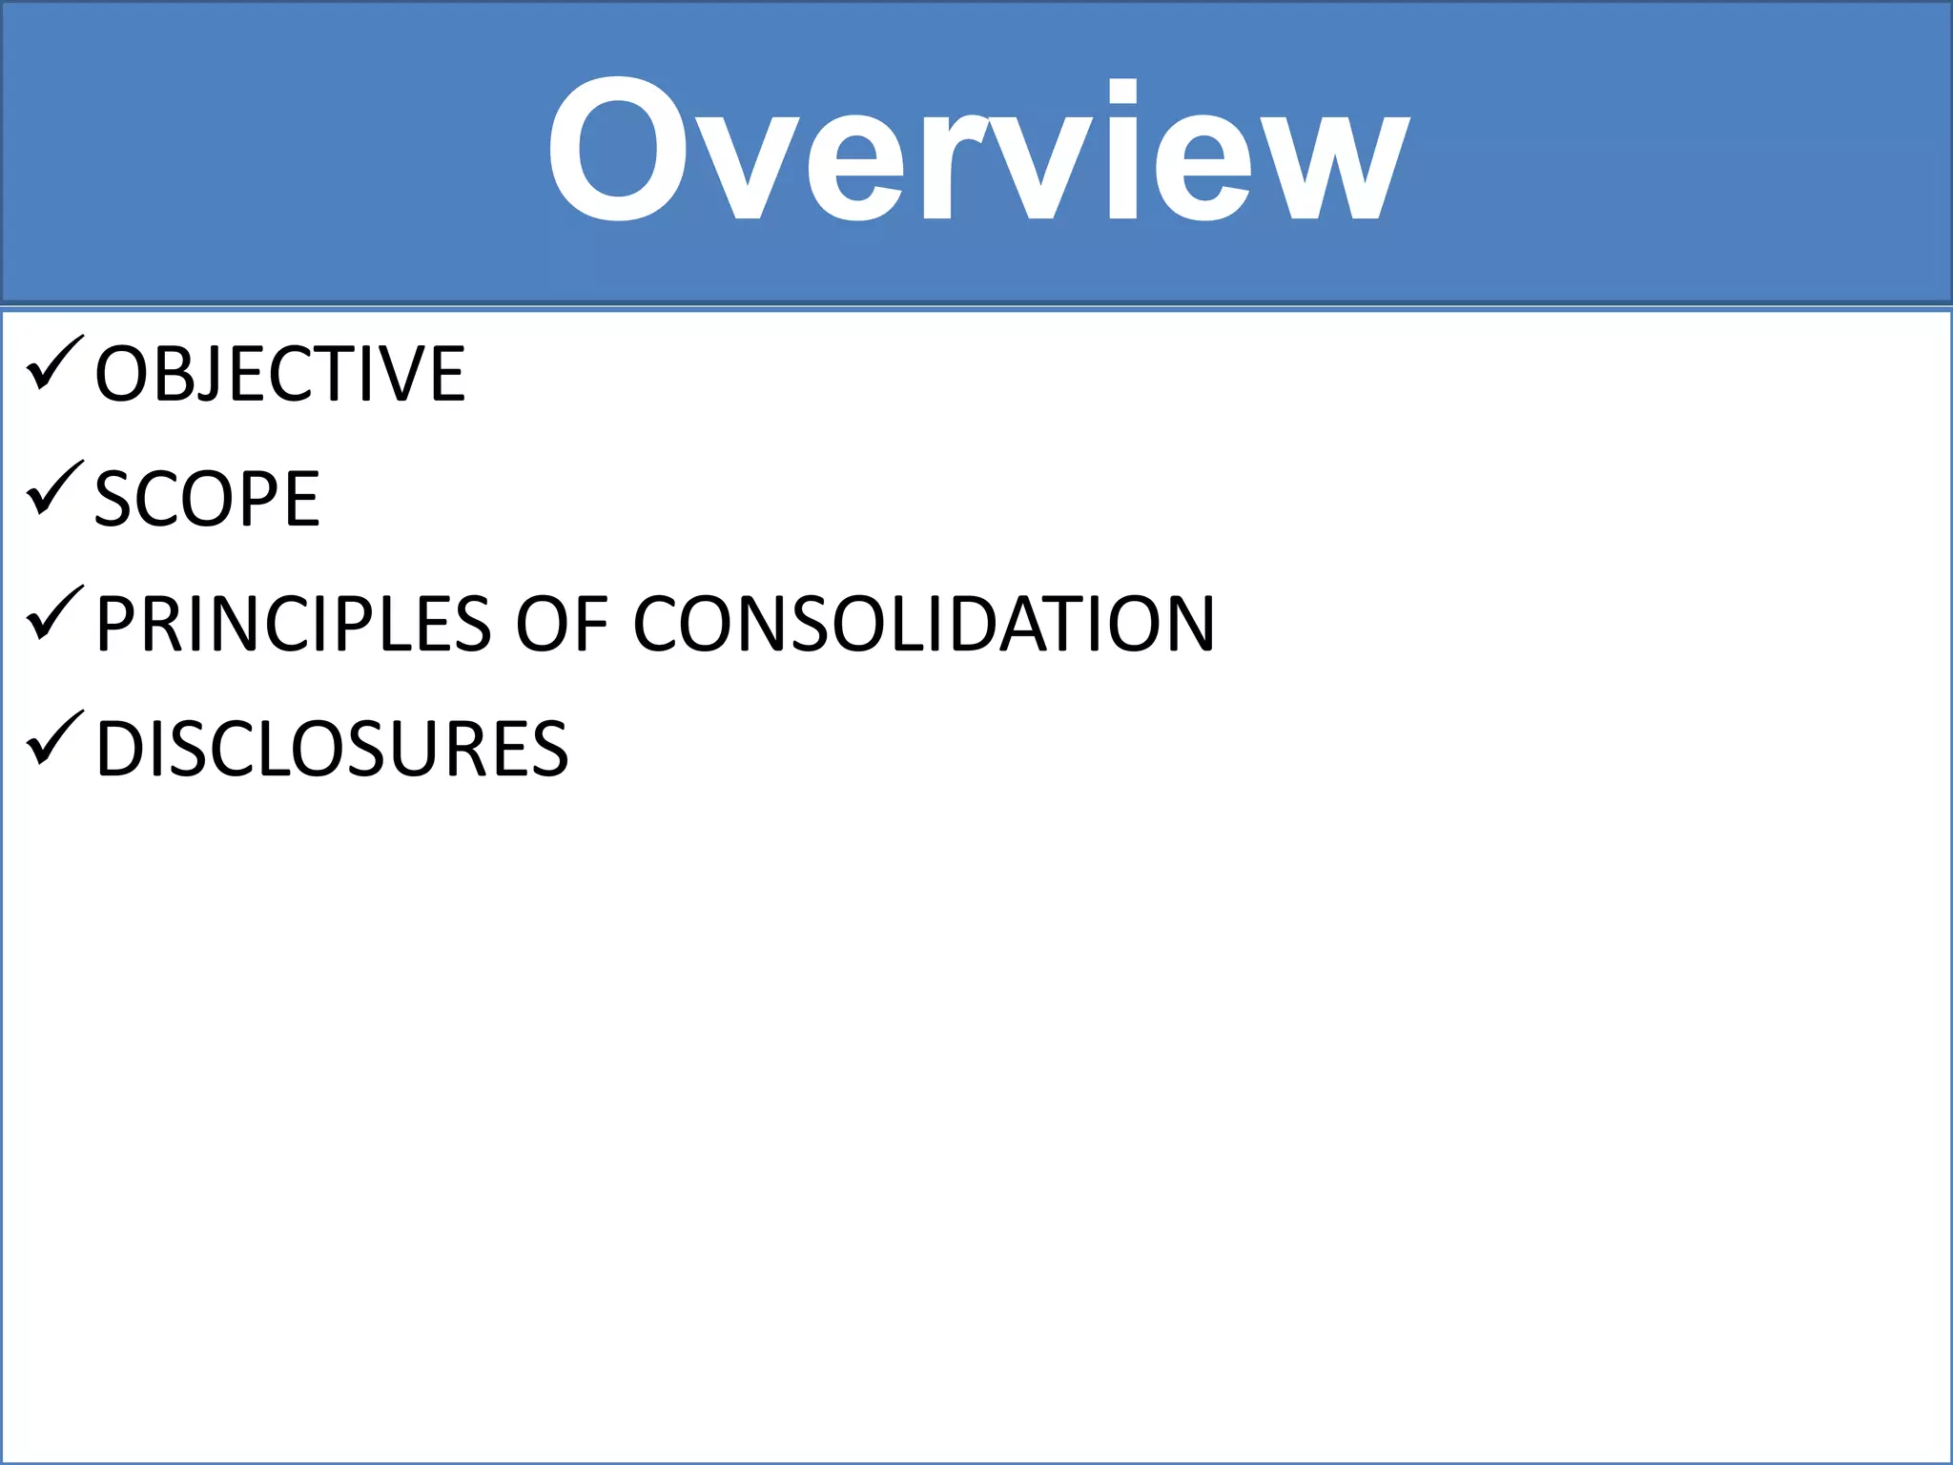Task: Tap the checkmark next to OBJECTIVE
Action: click(x=55, y=364)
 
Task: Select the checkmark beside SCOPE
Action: click(x=55, y=489)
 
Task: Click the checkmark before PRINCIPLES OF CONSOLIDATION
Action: click(x=55, y=614)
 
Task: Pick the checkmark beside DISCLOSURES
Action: click(x=55, y=739)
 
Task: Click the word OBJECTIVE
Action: click(x=279, y=374)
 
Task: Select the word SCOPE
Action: click(x=207, y=499)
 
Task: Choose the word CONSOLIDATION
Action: click(x=923, y=624)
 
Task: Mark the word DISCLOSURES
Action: click(x=332, y=749)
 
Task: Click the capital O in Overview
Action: click(x=618, y=151)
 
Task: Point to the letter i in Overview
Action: click(x=1123, y=151)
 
